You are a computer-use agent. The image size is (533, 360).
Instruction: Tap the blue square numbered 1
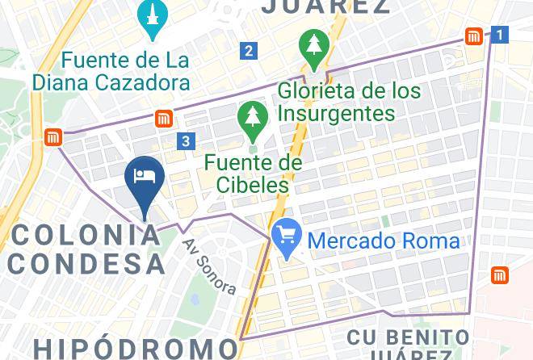[501, 35]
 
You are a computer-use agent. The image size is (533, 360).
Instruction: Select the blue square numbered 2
[249, 51]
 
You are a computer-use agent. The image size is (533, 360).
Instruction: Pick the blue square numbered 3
[187, 141]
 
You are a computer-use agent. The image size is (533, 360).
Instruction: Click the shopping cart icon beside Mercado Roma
[287, 236]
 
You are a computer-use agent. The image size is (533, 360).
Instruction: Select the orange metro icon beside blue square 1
[474, 36]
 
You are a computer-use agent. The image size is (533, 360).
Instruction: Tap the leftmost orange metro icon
[54, 137]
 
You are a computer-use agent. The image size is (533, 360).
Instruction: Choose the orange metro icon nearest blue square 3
[164, 119]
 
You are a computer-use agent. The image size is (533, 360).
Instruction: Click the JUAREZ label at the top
[327, 7]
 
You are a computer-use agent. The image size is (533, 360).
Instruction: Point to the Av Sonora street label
[209, 266]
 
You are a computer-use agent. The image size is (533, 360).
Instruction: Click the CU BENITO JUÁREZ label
[408, 343]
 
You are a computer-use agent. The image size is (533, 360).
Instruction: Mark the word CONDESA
[87, 263]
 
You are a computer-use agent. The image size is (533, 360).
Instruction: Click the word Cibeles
[252, 185]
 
